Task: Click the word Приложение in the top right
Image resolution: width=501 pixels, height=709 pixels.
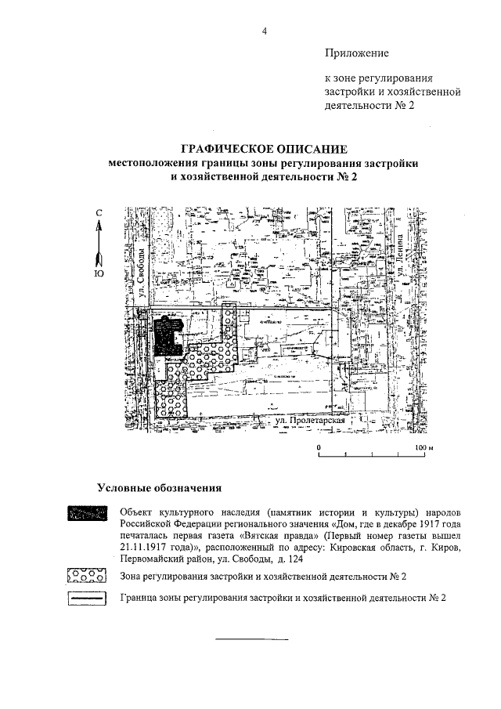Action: [356, 53]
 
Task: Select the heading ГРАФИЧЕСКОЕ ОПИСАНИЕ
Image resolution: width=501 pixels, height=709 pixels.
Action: [263, 149]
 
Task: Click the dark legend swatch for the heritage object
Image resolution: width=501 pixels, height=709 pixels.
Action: [86, 514]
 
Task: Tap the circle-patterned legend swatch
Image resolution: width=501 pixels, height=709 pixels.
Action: [86, 577]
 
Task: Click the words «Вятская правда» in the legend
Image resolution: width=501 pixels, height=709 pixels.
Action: [283, 535]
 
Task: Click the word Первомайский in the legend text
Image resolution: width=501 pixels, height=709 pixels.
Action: [153, 560]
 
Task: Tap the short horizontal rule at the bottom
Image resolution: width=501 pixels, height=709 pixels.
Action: [251, 640]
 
